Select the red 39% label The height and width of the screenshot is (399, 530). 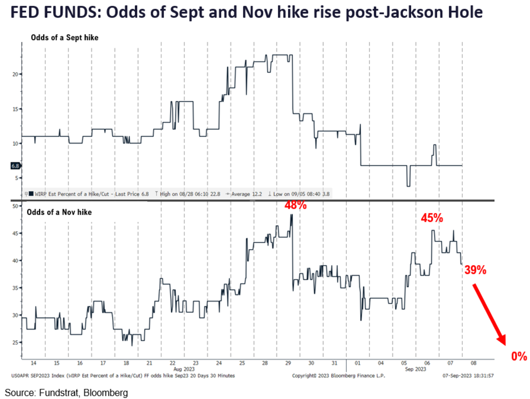coord(475,270)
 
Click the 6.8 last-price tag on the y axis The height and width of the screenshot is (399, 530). coord(15,166)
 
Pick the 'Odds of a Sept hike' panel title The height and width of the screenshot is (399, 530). coord(64,38)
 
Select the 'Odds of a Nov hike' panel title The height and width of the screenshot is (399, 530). coord(59,213)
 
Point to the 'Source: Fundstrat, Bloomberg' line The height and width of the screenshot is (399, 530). coord(66,391)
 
